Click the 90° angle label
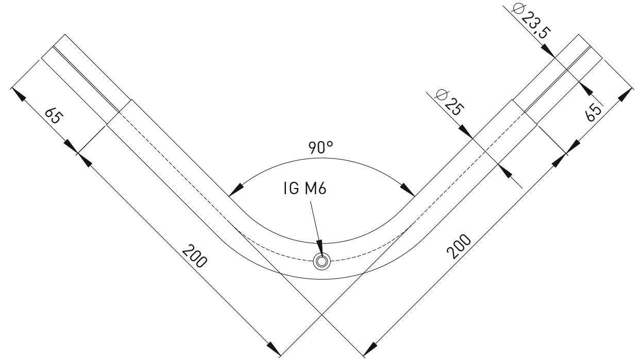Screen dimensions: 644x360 pos(321,148)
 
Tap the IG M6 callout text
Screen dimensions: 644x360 pos(305,189)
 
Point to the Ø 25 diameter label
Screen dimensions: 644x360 pos(450,102)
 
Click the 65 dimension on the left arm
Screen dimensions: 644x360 pos(54,115)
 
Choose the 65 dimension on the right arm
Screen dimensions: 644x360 pos(594,113)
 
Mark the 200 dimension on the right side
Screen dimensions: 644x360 pos(459,246)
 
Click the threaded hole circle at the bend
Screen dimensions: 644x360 pos(321,262)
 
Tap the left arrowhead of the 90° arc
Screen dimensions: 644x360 pos(236,190)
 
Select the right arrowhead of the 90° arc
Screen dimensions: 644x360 pos(408,190)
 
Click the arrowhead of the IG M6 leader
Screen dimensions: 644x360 pos(320,247)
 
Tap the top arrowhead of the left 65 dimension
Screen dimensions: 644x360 pos(18,95)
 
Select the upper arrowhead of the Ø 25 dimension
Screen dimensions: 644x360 pos(465,132)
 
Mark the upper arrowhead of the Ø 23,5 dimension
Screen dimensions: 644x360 pos(548,51)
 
